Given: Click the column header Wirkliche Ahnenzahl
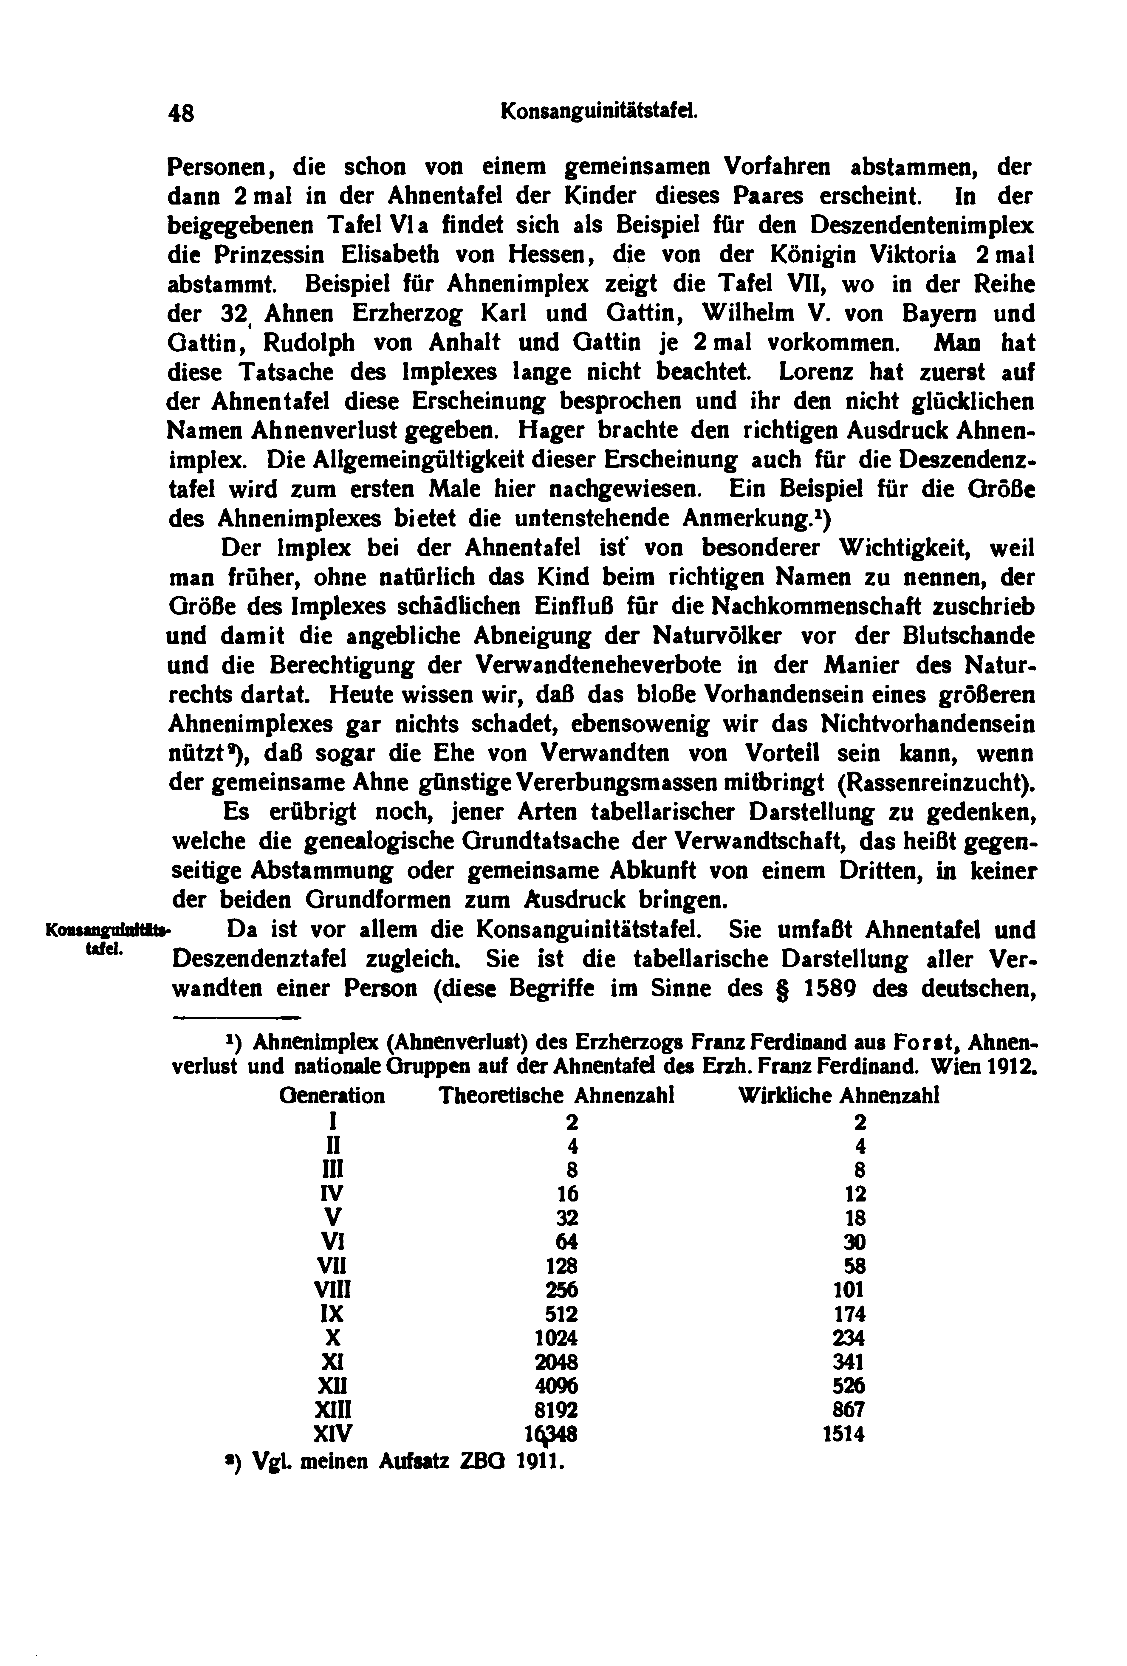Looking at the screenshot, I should pyautogui.click(x=838, y=1095).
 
